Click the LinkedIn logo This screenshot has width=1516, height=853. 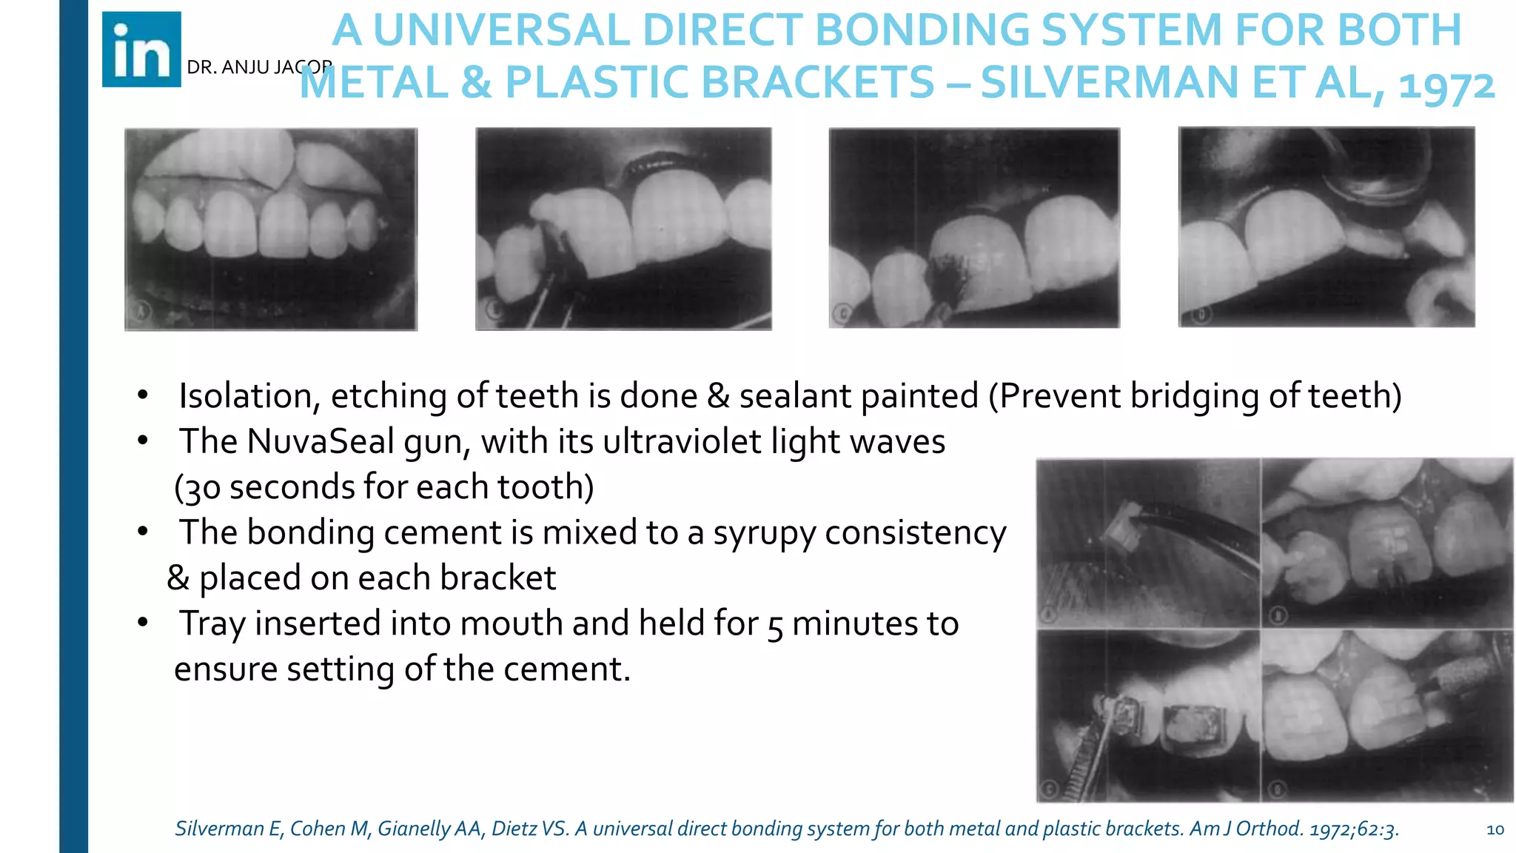point(141,50)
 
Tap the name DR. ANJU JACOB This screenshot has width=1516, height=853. point(258,67)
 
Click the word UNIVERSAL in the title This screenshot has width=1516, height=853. point(502,31)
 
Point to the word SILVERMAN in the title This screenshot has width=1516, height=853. point(1108,83)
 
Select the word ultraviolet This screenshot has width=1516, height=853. point(682,442)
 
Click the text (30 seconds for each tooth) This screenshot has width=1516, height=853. point(384,487)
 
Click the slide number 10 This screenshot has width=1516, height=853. point(1495,829)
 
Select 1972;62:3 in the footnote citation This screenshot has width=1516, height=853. point(1354,829)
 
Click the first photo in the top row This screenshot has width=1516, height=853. point(271,229)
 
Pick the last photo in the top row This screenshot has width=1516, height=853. point(1326,227)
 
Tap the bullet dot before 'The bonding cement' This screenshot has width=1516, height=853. point(143,532)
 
